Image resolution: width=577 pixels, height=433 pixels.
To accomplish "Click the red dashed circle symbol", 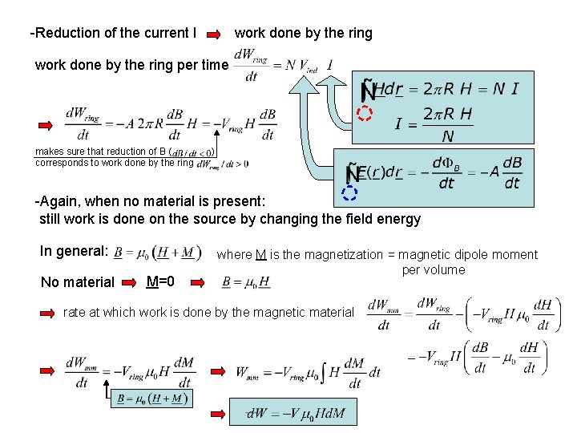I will click(365, 113).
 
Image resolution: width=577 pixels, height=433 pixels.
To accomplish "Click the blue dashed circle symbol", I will click(349, 192).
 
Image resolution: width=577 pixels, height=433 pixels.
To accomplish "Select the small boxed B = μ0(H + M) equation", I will click(151, 399).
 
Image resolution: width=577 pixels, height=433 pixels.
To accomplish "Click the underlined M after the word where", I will click(261, 255).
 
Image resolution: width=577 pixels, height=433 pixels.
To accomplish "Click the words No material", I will click(78, 281).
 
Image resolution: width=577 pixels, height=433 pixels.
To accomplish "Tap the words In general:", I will click(74, 251).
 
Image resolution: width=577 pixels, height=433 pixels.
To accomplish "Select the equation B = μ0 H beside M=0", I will click(245, 281).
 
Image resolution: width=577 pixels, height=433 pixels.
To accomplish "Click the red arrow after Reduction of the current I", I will click(215, 34).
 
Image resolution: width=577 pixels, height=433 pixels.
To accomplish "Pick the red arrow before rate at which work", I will click(48, 313).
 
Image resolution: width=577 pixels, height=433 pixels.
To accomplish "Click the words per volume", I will click(433, 269).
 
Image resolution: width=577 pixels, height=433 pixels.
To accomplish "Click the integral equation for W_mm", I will click(308, 372).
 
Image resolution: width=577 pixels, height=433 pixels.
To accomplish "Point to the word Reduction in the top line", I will click(66, 33).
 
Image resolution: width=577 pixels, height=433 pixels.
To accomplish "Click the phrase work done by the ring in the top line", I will click(303, 33).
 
